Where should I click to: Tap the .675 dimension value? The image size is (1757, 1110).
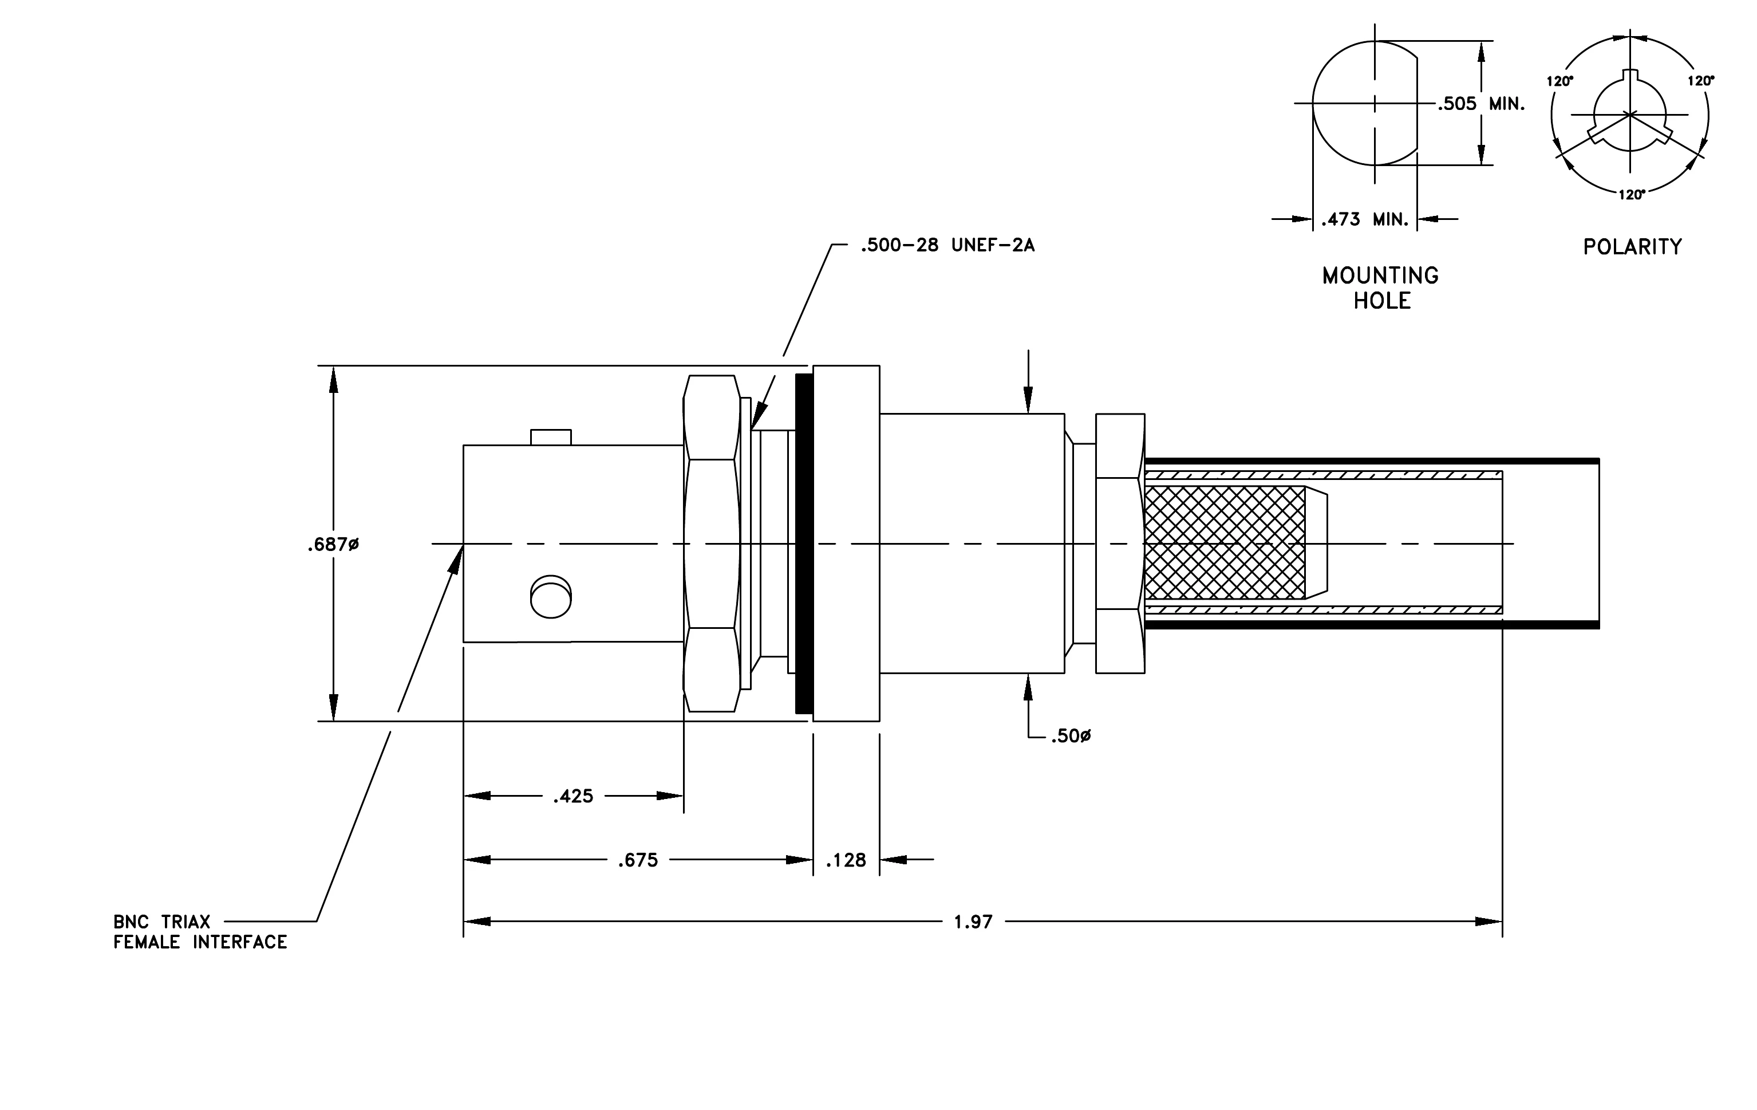tap(638, 860)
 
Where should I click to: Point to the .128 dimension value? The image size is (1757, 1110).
tap(846, 860)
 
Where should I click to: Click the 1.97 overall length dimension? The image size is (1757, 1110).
tap(973, 922)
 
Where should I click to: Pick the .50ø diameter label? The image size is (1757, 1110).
tap(1071, 737)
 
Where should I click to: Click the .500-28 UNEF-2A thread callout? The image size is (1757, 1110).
tap(947, 245)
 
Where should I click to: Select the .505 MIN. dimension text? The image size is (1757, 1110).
tap(1481, 104)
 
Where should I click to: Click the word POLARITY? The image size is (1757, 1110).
tap(1632, 247)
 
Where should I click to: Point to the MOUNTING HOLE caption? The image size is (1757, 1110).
tap(1380, 288)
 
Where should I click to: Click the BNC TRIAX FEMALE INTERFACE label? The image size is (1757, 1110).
tap(200, 932)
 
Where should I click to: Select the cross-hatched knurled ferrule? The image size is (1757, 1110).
tap(1225, 543)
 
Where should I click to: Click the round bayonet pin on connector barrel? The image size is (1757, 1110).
tap(551, 597)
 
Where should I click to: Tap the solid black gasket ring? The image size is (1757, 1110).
tap(804, 544)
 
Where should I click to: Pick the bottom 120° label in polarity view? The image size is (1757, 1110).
tap(1632, 194)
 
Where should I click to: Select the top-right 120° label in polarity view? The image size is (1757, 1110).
tap(1701, 80)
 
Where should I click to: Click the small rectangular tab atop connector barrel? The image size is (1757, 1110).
tap(551, 437)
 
